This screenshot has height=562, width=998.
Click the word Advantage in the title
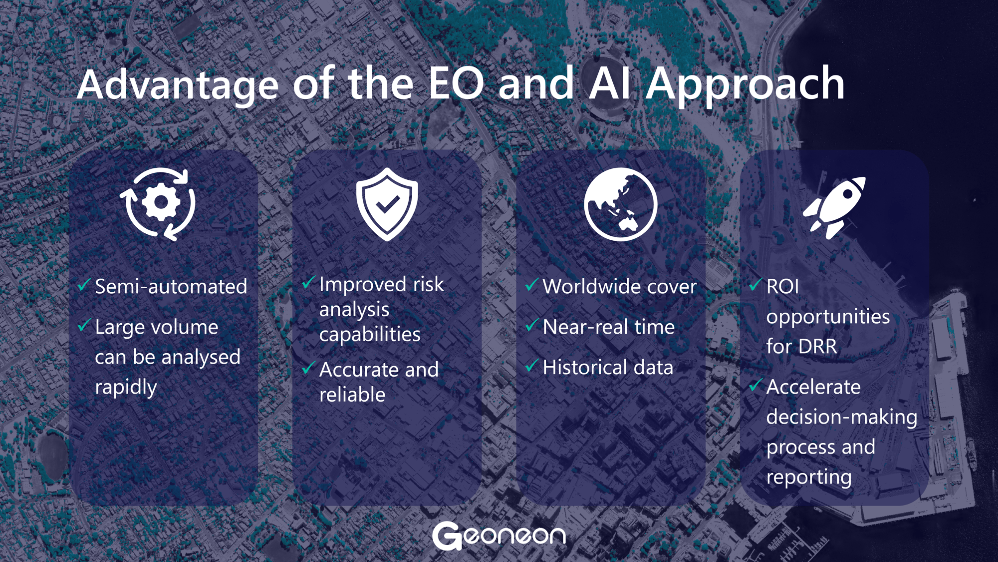point(177,85)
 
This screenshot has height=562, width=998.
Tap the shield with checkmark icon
point(387,204)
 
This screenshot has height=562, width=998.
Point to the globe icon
point(620,204)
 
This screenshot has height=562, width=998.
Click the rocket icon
point(834,207)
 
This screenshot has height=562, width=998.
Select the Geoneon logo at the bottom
point(499,536)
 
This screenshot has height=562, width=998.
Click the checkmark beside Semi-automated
point(84,285)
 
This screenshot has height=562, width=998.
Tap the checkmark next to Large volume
point(84,325)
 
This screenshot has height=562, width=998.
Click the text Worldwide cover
point(619,286)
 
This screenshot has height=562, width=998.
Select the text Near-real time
point(608,327)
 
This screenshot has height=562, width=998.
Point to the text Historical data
point(608,367)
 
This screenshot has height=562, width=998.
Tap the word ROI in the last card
point(782,286)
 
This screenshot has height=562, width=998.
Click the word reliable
point(352,395)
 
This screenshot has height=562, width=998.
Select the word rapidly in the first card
point(126,388)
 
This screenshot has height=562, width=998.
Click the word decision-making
point(842,417)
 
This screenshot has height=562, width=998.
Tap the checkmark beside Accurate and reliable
point(308,368)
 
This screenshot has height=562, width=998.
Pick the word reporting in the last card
point(809,478)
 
